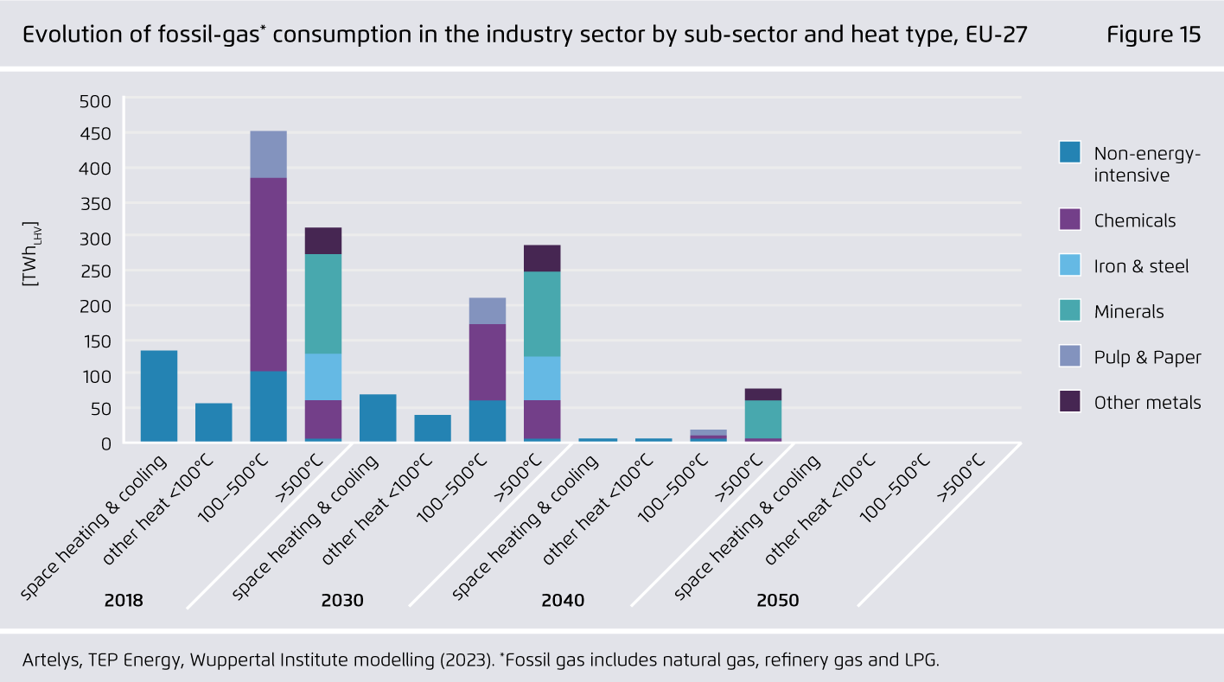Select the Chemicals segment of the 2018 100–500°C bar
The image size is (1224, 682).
269,274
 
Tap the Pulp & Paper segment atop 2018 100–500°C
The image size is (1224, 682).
269,154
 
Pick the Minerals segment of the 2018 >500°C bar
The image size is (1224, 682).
323,303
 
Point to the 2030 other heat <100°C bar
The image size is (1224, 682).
432,428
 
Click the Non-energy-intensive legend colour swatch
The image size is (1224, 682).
1069,152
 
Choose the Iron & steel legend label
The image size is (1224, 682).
1141,266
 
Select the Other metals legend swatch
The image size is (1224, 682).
1069,402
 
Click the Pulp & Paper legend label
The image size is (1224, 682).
1147,357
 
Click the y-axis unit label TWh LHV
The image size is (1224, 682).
33,253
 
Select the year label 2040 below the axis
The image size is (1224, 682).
563,600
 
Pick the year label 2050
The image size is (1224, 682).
777,600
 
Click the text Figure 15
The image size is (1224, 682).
1153,35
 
